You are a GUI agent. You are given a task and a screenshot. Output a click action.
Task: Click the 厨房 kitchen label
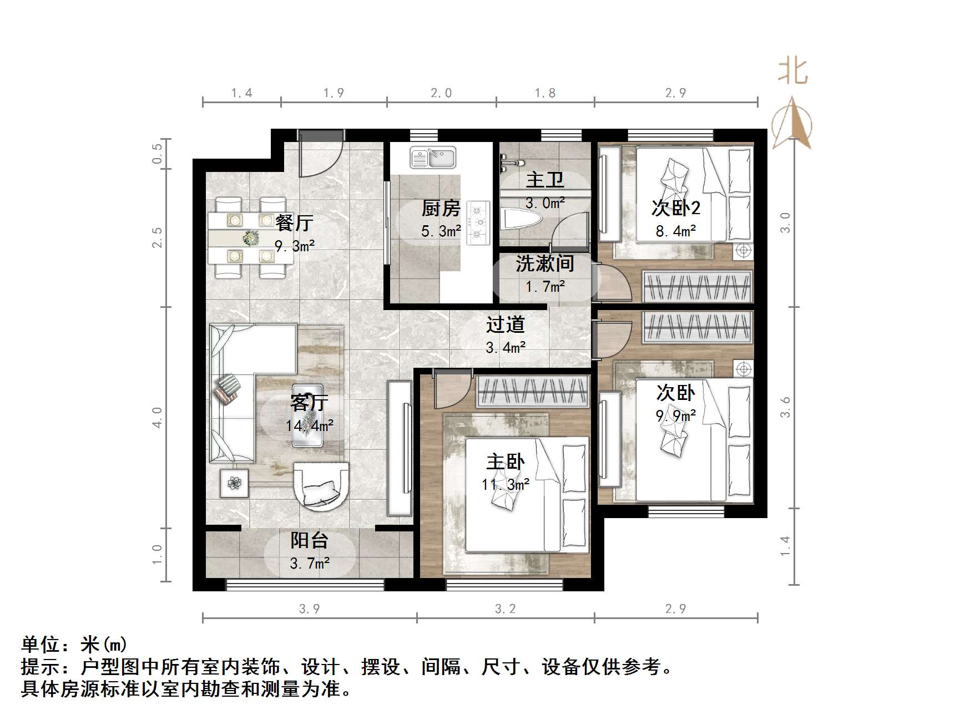tap(441, 209)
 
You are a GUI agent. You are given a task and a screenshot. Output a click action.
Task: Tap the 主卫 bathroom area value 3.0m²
tap(545, 203)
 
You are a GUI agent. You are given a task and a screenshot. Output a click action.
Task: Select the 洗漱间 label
tap(545, 263)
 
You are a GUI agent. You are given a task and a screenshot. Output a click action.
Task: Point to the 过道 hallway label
tap(506, 324)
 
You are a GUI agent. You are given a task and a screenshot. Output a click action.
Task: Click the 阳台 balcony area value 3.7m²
tap(310, 564)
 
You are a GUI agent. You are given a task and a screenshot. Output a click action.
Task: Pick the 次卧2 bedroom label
tap(675, 208)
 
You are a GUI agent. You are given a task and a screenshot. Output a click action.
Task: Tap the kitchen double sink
tap(433, 158)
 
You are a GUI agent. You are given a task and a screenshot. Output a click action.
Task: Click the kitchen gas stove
tap(478, 223)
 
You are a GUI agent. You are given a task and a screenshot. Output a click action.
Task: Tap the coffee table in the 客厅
tap(308, 415)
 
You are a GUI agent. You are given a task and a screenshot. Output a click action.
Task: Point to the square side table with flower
tap(234, 483)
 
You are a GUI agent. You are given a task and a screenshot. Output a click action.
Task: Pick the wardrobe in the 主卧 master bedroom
tap(532, 392)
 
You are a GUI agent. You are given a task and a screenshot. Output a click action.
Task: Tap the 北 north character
tap(792, 72)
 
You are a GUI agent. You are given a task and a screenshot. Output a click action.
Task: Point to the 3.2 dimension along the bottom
tap(505, 609)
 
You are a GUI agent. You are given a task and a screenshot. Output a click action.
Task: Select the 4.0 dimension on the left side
tap(158, 417)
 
